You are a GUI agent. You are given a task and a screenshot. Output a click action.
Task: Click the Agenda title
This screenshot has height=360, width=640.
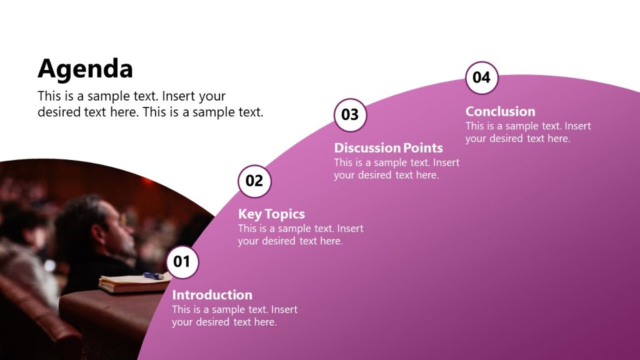point(85,69)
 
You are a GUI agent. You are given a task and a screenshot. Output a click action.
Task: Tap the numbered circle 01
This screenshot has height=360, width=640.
point(182,261)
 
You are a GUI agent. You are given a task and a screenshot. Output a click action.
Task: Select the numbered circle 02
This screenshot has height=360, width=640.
point(254,181)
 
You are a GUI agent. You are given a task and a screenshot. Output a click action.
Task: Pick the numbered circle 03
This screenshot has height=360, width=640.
point(350,115)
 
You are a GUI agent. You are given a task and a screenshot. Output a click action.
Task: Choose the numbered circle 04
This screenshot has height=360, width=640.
point(482,77)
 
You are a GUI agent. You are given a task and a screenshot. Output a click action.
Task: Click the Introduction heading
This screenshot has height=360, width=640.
point(212,295)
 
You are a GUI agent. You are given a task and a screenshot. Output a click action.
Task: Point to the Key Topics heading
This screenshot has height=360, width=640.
point(271,214)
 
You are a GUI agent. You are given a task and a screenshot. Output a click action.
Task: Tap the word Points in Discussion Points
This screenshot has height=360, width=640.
point(423,148)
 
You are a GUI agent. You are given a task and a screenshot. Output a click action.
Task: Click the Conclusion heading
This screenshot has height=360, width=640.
point(500,111)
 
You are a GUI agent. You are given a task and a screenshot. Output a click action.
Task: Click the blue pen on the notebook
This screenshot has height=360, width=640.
point(152,276)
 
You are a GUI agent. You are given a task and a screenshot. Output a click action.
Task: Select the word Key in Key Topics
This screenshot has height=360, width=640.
point(250,214)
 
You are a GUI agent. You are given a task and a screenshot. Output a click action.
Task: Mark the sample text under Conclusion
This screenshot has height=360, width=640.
point(527,132)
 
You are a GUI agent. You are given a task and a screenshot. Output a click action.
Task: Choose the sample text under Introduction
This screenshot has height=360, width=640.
point(234,316)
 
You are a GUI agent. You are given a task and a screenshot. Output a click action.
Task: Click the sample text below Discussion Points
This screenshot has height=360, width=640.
point(396,169)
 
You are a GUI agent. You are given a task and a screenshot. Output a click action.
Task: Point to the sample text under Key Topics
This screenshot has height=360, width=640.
point(300,235)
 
